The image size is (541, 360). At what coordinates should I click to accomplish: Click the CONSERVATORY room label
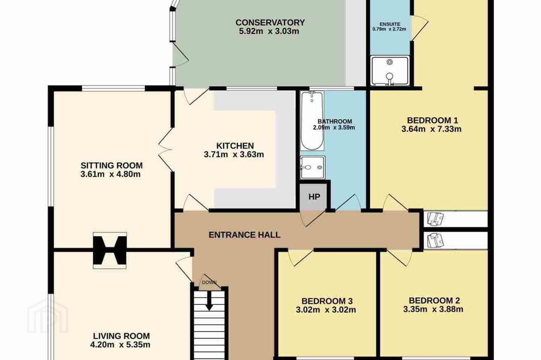pyautogui.click(x=270, y=22)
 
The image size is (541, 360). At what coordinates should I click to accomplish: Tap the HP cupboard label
pyautogui.click(x=314, y=197)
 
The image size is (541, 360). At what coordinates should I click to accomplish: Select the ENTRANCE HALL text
pyautogui.click(x=245, y=235)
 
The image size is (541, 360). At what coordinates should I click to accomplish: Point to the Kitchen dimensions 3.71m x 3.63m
pyautogui.click(x=234, y=154)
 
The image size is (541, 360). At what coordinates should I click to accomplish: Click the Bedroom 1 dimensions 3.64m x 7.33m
pyautogui.click(x=431, y=129)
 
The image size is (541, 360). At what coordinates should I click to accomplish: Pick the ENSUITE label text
pyautogui.click(x=390, y=24)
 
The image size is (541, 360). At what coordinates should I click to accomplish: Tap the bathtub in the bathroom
pyautogui.click(x=312, y=121)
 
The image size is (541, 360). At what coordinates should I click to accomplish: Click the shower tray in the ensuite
pyautogui.click(x=390, y=70)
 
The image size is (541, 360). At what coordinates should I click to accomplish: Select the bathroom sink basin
pyautogui.click(x=312, y=167)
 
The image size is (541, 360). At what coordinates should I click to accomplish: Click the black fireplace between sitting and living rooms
pyautogui.click(x=110, y=250)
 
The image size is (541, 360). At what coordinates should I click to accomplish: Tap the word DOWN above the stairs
pyautogui.click(x=209, y=282)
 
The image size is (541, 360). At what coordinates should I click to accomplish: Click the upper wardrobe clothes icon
pyautogui.click(x=435, y=219)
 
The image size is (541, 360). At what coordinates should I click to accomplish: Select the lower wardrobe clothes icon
pyautogui.click(x=435, y=241)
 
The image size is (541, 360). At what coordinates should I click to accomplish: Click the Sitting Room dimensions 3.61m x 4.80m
pyautogui.click(x=110, y=174)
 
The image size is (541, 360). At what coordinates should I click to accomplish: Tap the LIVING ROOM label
pyautogui.click(x=121, y=336)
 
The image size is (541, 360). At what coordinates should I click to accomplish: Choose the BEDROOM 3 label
pyautogui.click(x=327, y=301)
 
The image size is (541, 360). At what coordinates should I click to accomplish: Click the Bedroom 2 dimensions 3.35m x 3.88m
pyautogui.click(x=433, y=309)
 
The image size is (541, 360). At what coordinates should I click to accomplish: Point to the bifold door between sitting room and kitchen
pyautogui.click(x=166, y=150)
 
